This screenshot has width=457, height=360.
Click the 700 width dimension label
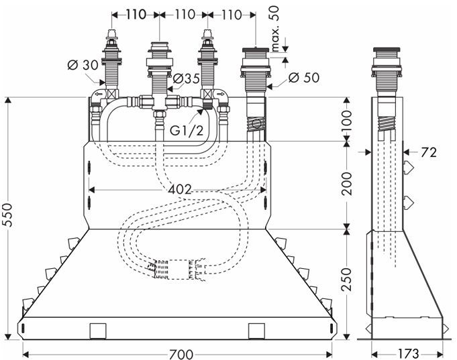click(181, 354)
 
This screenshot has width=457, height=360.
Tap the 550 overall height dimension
click(8, 215)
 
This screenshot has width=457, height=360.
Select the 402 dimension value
click(180, 190)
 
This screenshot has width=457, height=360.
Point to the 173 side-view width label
click(407, 353)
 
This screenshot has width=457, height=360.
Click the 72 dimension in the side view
click(428, 152)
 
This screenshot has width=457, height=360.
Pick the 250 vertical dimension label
click(346, 280)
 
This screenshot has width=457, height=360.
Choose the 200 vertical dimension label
click(346, 184)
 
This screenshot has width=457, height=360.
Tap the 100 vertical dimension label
click(346, 121)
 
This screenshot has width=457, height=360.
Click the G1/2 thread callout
click(187, 131)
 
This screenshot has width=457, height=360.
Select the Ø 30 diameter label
click(83, 65)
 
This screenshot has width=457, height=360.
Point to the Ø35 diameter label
click(187, 78)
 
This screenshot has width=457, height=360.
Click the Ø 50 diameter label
click(304, 78)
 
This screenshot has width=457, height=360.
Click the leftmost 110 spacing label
click(136, 15)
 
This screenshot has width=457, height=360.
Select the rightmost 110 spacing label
click(232, 15)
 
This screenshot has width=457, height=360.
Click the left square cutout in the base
click(98, 331)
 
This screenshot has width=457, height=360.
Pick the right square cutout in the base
click(256, 331)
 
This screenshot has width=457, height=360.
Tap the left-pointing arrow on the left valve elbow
click(99, 94)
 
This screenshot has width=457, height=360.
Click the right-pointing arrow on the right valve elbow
click(220, 94)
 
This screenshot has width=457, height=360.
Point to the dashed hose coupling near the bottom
click(178, 269)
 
